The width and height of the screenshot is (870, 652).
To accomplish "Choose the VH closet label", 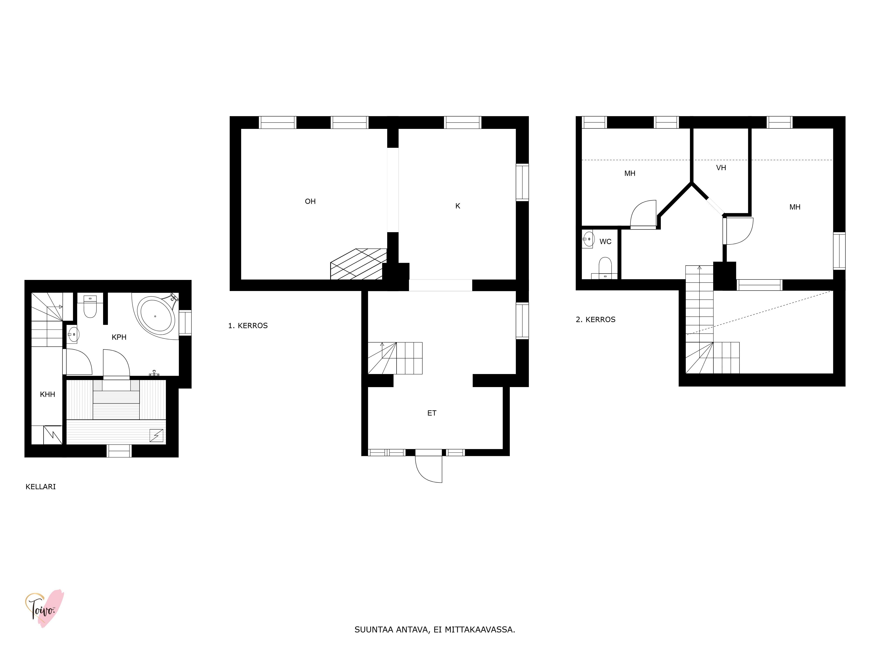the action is (721, 168).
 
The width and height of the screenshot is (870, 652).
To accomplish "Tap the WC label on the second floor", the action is (605, 242).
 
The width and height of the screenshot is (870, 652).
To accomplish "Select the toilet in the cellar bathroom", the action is (90, 306).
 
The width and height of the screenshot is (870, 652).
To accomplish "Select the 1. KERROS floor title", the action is (248, 326).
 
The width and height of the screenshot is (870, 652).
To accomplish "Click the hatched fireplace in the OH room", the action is (358, 264).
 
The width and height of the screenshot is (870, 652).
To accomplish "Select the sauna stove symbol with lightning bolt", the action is (157, 436).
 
